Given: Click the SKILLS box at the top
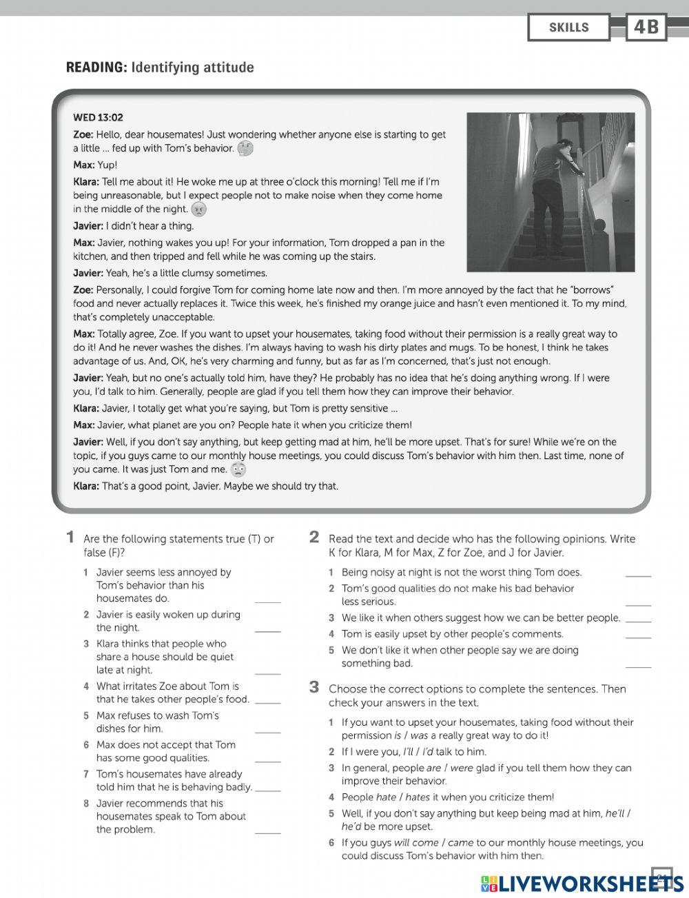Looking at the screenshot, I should point(568,28).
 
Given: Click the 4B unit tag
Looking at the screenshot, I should point(646,28).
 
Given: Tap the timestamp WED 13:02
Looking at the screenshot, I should point(98,118).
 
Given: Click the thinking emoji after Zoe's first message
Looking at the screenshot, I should point(245,148).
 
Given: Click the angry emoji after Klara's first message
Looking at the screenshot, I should point(198,210).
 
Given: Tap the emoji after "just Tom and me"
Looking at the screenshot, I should point(238,470).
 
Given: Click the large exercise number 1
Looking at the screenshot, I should point(70,537).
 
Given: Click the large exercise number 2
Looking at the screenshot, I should point(314,537).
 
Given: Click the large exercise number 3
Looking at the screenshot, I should point(314,687).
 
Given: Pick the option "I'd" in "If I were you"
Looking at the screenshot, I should point(428,752).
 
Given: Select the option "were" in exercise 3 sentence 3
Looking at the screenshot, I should point(461,768).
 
